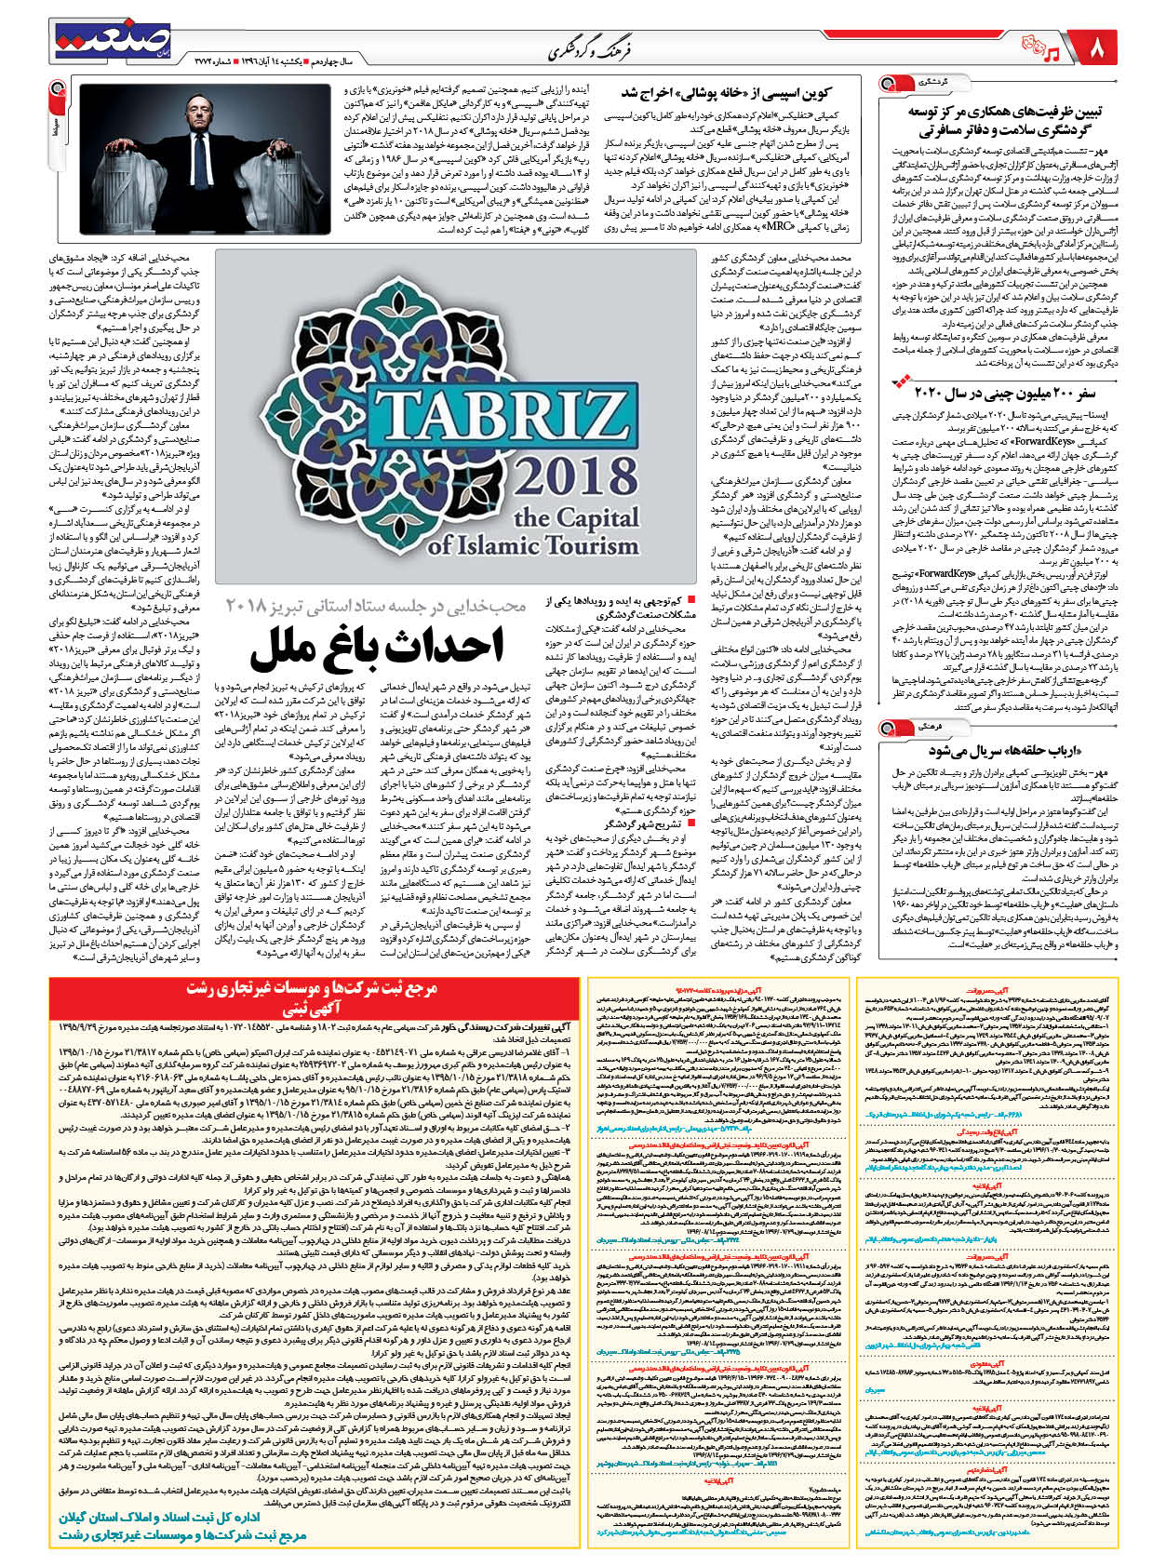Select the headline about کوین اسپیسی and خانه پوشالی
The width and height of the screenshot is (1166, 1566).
point(725,93)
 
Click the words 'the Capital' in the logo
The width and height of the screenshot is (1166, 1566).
point(576,517)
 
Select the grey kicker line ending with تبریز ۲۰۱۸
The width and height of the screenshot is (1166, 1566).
point(376,606)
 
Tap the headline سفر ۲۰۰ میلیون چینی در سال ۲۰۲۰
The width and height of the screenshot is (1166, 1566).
point(1009,391)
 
